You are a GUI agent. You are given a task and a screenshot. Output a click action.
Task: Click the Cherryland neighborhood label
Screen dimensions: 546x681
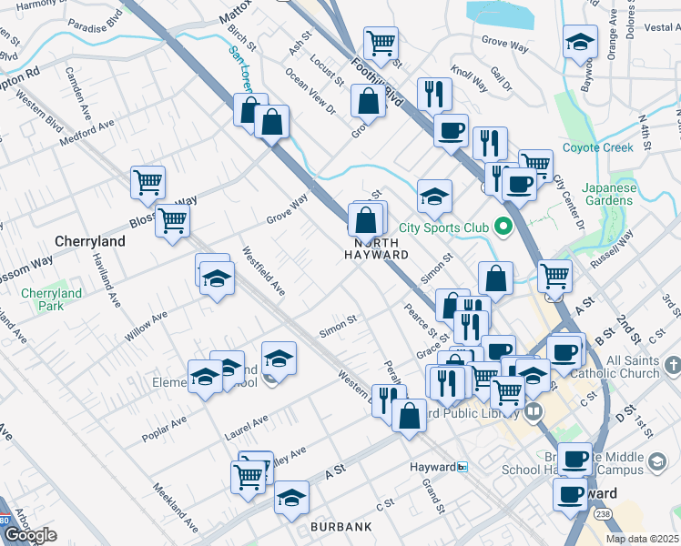(89, 242)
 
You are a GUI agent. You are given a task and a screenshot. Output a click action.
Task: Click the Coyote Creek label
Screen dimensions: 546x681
(596, 147)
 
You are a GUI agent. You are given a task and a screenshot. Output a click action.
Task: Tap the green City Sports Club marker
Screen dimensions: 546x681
(502, 227)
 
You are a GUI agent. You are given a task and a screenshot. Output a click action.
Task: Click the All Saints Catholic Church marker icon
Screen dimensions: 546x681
(673, 365)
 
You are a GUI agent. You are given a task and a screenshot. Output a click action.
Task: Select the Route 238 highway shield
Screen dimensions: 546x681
(604, 515)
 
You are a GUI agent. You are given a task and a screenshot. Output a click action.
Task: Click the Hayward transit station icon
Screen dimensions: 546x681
(462, 467)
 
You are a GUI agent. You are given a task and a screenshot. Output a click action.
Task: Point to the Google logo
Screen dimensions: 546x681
(29, 535)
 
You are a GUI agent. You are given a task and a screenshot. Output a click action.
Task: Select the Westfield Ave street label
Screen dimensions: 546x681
(263, 271)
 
